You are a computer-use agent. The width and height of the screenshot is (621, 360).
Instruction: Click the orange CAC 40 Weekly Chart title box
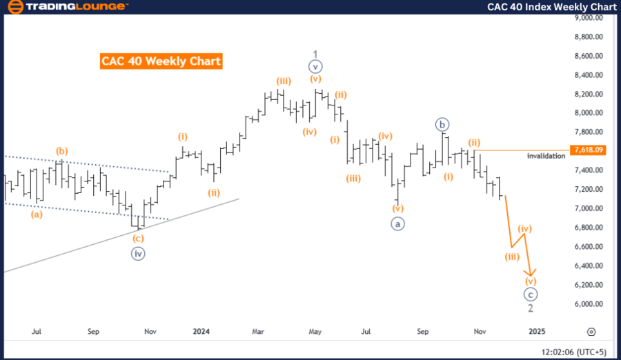coord(161,61)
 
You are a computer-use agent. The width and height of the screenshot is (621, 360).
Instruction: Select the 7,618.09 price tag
coord(588,150)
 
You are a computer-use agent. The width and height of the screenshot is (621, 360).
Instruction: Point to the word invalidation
coord(546,156)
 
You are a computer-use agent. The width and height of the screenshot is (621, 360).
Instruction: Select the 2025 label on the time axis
coord(537,332)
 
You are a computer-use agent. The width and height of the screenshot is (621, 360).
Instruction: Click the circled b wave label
coord(442,125)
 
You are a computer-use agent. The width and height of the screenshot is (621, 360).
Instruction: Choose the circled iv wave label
coord(138,253)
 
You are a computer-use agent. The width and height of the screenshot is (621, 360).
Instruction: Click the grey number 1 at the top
coord(315,53)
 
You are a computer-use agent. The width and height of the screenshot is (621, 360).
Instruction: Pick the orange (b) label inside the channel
coord(62,151)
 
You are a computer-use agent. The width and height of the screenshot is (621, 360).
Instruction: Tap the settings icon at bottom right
coord(591,332)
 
